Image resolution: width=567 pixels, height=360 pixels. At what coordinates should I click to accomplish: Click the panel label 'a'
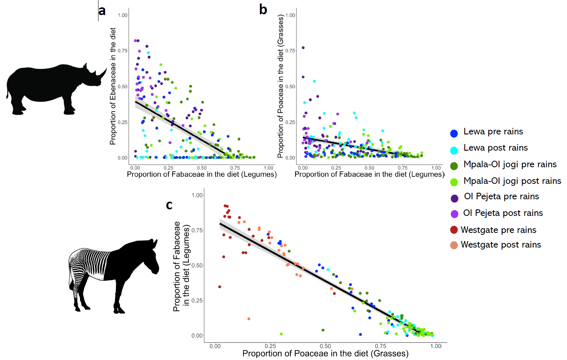(102, 11)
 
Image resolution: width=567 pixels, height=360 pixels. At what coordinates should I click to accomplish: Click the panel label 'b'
(263, 9)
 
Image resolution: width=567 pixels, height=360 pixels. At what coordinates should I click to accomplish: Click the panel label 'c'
(169, 205)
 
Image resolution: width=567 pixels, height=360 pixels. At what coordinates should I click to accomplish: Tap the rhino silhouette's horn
(102, 72)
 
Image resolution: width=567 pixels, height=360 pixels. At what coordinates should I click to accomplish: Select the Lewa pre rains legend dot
(454, 133)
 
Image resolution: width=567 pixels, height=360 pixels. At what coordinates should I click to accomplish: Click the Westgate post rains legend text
(501, 245)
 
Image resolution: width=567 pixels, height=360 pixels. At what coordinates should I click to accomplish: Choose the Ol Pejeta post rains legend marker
(455, 214)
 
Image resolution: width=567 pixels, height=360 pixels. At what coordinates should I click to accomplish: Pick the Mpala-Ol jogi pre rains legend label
(510, 165)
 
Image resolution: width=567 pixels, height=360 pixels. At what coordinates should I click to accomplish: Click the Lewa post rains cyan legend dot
(454, 150)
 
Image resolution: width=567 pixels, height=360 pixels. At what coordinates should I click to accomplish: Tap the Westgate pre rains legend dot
(454, 230)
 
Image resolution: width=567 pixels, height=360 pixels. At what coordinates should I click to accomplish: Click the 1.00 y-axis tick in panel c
(197, 195)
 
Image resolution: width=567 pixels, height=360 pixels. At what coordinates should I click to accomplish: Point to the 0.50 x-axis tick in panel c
(325, 346)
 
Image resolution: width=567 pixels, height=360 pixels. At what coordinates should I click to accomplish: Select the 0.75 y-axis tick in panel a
(122, 51)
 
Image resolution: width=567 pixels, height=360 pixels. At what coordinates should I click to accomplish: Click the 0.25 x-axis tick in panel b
(336, 168)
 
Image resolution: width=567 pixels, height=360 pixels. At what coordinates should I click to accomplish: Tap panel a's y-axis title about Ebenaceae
(113, 86)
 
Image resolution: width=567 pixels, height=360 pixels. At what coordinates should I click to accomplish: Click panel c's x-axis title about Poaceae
(325, 353)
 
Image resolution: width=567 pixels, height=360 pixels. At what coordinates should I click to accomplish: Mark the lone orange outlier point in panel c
(249, 319)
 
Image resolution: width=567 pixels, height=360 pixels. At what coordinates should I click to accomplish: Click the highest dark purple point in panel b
(303, 48)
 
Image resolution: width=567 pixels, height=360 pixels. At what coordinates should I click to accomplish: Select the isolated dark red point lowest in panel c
(220, 287)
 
